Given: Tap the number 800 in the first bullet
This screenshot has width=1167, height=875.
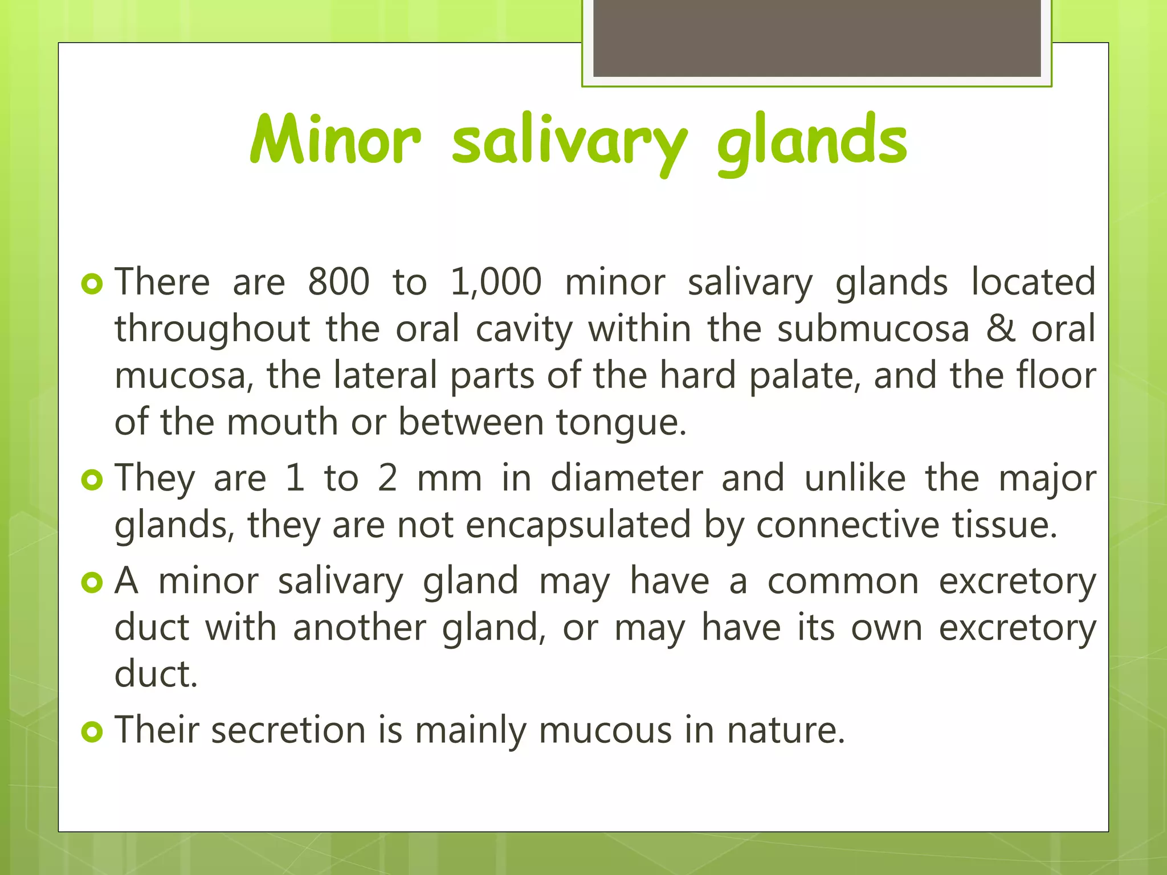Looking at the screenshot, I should pos(338,281).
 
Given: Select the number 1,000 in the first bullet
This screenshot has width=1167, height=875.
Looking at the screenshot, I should pos(496,281).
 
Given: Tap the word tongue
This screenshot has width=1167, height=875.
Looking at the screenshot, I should pos(621,423).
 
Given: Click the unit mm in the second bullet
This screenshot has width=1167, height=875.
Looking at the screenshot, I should pos(450,479).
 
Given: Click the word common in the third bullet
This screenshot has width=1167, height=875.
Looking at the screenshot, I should pos(843,581).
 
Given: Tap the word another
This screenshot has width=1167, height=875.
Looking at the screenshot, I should pos(360,628).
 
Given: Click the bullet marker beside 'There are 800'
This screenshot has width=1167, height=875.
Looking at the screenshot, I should pos(92,284).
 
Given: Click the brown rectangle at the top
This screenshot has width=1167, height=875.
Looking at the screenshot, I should pos(817,38).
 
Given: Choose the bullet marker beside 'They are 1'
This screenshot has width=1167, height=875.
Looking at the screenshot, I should pos(92,480).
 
